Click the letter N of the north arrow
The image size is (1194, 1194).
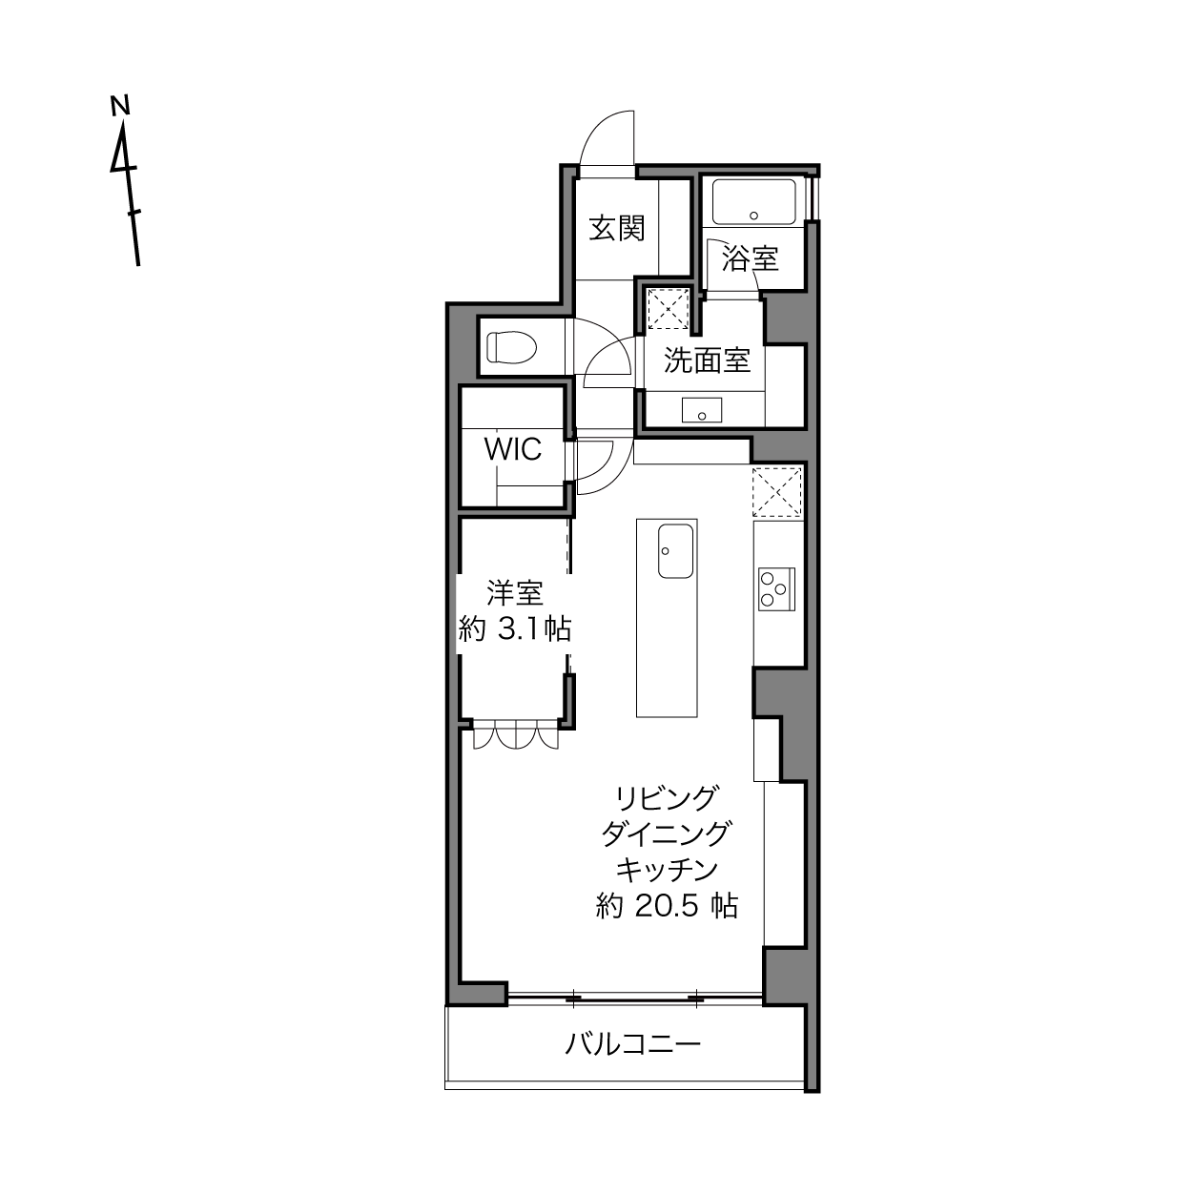click(120, 105)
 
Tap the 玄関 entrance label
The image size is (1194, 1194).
click(616, 228)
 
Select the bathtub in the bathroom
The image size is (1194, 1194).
click(753, 202)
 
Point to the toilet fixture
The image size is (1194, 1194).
click(510, 347)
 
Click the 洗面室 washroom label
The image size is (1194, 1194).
click(707, 360)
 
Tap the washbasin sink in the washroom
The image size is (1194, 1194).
click(701, 410)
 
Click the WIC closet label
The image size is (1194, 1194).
click(512, 449)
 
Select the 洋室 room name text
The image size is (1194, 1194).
click(514, 592)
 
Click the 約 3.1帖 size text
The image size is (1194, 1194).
click(514, 629)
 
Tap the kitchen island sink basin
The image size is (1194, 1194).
click(675, 551)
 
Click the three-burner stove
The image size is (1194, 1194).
click(776, 588)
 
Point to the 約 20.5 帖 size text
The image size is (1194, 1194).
click(667, 907)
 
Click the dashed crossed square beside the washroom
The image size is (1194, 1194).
click(668, 309)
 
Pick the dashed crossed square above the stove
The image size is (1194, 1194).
click(777, 492)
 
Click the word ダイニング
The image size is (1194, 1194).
click(667, 834)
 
